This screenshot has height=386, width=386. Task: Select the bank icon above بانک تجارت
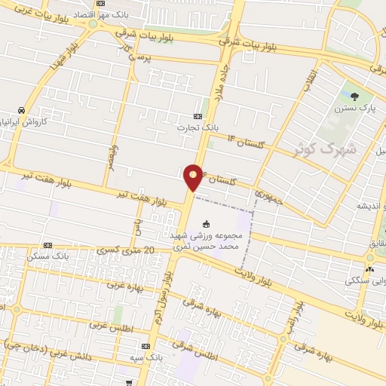click(x=198, y=117)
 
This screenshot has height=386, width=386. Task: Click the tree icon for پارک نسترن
click(x=354, y=96)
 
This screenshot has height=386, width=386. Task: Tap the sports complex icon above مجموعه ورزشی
click(x=207, y=222)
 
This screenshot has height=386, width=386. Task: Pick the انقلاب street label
click(x=310, y=81)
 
